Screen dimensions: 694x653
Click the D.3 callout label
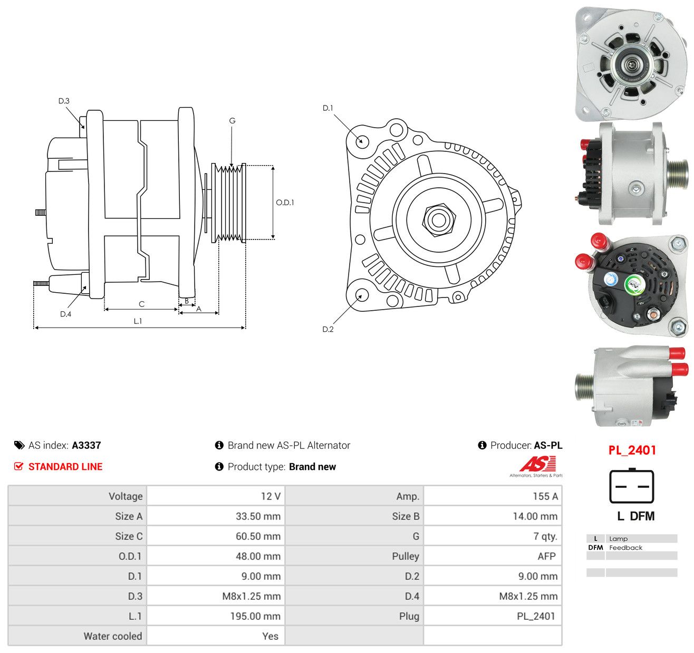(64, 101)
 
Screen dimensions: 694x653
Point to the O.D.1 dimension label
(285, 203)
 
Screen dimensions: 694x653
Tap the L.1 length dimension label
(138, 321)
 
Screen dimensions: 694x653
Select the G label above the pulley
(233, 121)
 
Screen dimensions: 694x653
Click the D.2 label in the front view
(328, 329)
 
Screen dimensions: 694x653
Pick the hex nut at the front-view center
(439, 219)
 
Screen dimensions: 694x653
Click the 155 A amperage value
(545, 496)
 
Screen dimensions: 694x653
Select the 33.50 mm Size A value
(258, 516)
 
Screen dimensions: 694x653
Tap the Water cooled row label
(113, 636)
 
